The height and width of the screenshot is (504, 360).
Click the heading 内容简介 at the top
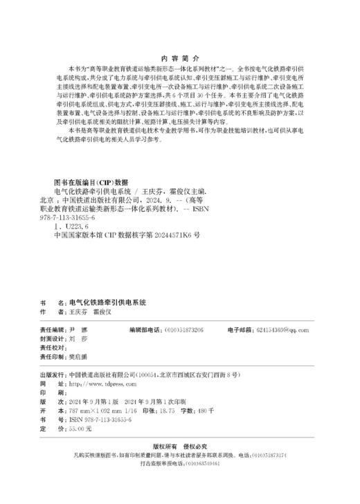pos(179,60)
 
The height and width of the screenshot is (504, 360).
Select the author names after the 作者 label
pos(87,313)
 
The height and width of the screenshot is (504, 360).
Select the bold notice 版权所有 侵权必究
pos(179,447)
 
